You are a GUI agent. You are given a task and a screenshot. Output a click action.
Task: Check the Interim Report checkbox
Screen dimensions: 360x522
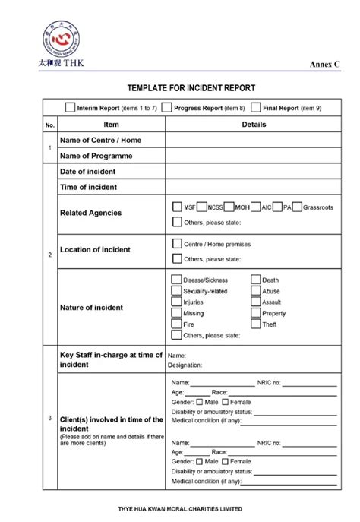[71, 108]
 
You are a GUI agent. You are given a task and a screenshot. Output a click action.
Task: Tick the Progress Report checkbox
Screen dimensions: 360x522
[167, 108]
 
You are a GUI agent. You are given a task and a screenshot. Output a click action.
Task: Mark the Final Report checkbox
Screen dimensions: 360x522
[256, 108]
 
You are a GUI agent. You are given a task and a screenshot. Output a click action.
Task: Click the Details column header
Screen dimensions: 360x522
[254, 124]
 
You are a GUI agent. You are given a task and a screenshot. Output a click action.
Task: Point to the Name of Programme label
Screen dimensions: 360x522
[96, 156]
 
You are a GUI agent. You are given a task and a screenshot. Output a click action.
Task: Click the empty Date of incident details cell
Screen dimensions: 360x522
[254, 171]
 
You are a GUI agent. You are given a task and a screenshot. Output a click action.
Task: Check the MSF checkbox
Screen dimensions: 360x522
[177, 207]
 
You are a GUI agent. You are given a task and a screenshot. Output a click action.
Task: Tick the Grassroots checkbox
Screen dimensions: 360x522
[297, 207]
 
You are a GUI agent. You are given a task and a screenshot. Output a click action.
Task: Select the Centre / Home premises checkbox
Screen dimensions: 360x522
[177, 244]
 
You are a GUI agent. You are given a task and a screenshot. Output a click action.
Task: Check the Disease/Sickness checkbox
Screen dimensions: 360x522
[177, 280]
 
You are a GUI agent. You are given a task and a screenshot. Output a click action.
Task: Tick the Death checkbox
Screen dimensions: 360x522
[256, 280]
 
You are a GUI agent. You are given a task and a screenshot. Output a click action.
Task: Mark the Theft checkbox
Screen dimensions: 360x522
[256, 324]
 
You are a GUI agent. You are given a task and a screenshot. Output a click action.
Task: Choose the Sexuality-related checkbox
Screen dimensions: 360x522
[177, 291]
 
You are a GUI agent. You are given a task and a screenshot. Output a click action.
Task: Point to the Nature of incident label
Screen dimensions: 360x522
[92, 308]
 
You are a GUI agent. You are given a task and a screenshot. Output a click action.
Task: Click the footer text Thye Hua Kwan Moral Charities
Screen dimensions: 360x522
[180, 509]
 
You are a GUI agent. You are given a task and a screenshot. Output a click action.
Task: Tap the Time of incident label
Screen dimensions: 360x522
[89, 186]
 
